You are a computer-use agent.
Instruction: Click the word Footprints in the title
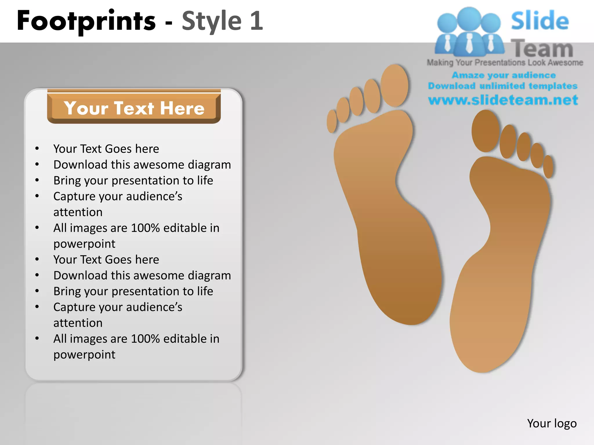point(86,21)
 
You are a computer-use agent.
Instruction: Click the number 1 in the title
point(256,21)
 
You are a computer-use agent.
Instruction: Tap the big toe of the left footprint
point(394,85)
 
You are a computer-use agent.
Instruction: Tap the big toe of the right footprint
point(485,131)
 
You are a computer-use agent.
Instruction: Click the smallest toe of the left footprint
point(332,121)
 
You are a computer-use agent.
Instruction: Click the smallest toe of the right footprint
point(548,167)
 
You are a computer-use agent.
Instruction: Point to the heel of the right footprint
point(481,348)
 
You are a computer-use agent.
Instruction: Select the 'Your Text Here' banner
point(134,108)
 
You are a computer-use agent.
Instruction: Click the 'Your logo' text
point(552,423)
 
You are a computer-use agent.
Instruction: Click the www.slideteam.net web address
point(503,100)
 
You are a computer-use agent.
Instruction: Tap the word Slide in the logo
point(540,21)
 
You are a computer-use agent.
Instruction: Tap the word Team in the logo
point(542,49)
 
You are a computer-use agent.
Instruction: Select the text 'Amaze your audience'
point(504,75)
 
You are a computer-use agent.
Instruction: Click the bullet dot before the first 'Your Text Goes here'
point(37,149)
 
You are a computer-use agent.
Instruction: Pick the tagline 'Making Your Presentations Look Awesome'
point(505,63)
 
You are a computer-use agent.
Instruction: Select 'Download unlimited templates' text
point(503,86)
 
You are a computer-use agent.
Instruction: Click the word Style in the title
point(211,21)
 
